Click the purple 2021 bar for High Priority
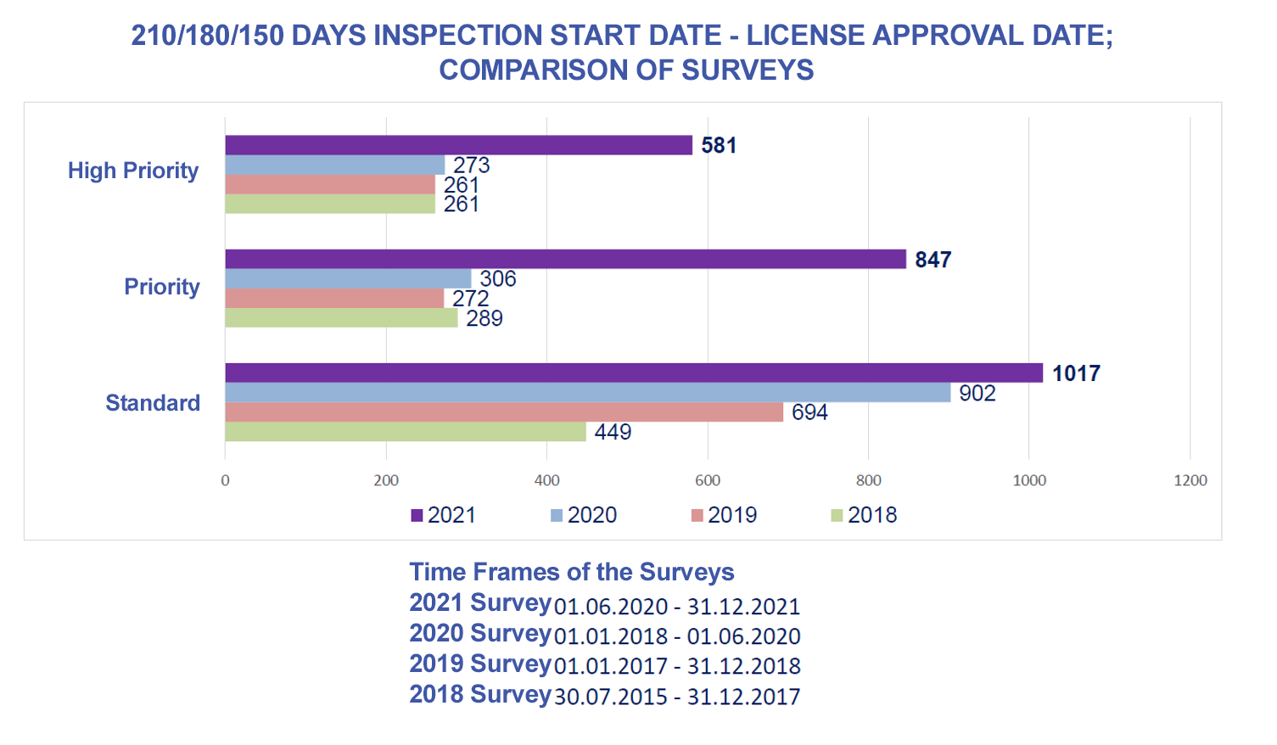(458, 145)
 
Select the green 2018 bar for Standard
(405, 432)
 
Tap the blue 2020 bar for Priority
(348, 278)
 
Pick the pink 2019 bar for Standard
(503, 412)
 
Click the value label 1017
(1076, 373)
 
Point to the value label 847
(933, 260)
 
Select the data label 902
(977, 393)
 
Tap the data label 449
(613, 432)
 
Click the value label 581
(719, 145)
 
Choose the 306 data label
(498, 278)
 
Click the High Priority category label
(133, 171)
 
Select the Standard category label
(153, 403)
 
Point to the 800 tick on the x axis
(868, 481)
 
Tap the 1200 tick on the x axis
(1190, 481)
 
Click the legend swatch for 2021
(417, 515)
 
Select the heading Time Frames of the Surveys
(572, 572)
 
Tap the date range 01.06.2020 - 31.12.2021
(676, 607)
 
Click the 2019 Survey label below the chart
(480, 664)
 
